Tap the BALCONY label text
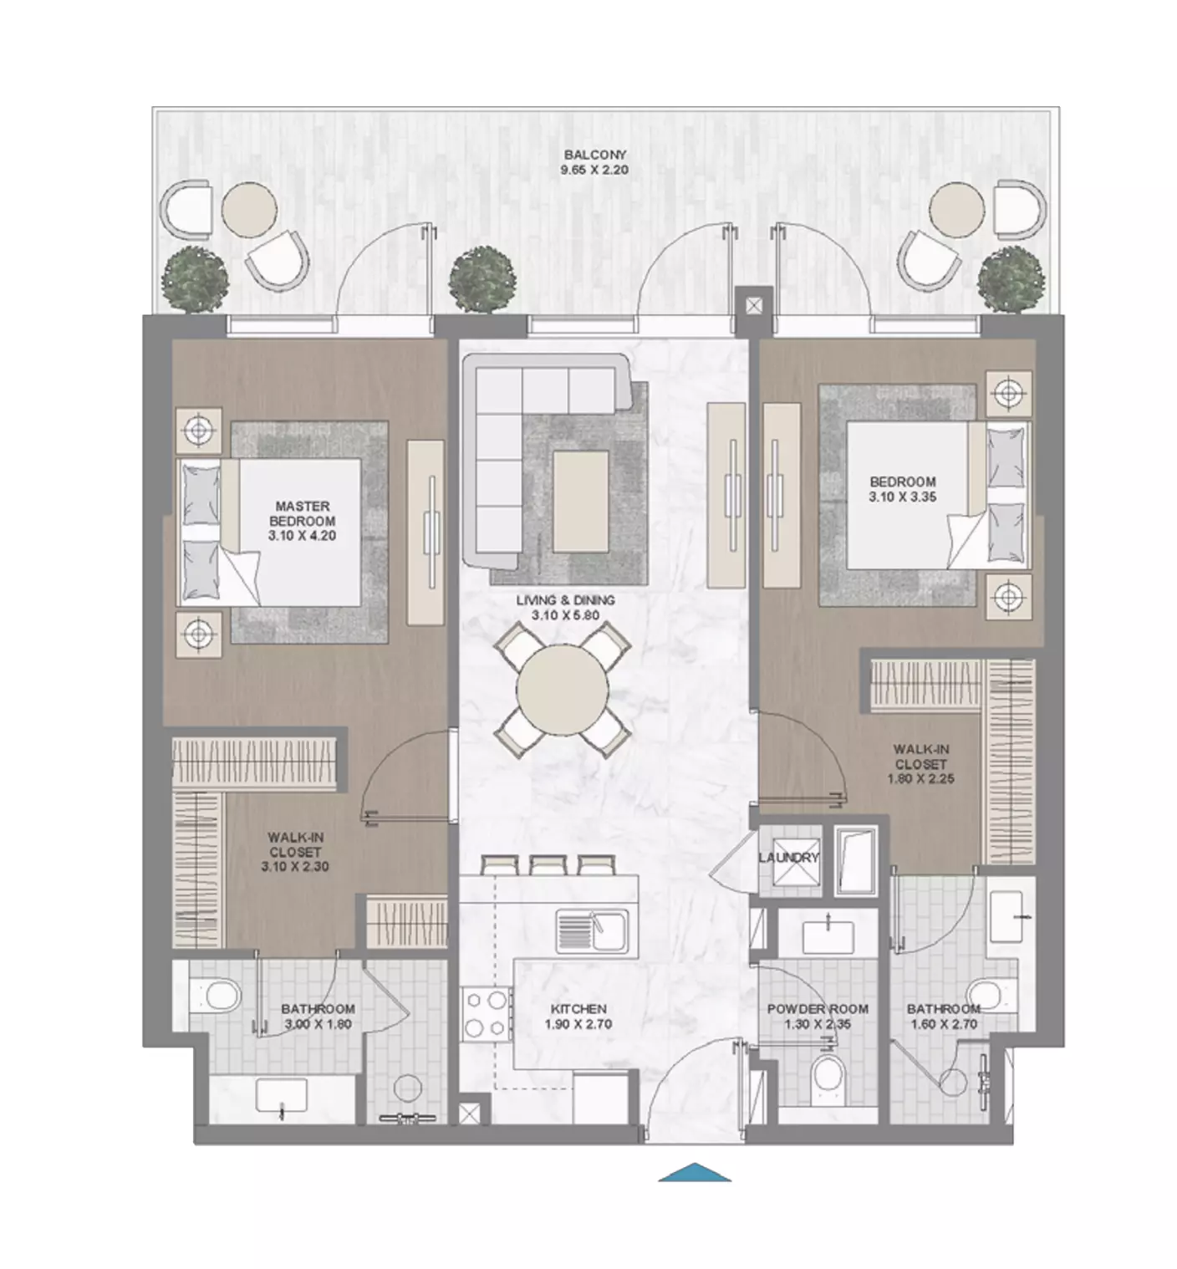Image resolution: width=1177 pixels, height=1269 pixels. tap(595, 155)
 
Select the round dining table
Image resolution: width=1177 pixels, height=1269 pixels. tap(563, 691)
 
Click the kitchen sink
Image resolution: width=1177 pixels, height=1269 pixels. tap(592, 930)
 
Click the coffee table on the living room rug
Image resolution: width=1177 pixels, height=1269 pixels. tap(580, 501)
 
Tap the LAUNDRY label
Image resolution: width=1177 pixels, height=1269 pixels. tap(789, 858)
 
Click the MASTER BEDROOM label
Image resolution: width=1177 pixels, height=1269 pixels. tap(303, 514)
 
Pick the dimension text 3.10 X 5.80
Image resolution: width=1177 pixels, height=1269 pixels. tap(565, 615)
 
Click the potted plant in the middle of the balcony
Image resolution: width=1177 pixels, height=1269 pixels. tap(481, 281)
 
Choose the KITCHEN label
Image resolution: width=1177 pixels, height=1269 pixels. tap(579, 1009)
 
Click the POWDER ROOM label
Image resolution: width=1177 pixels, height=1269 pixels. tap(818, 1009)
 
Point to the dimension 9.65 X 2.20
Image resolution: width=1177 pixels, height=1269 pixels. tap(595, 170)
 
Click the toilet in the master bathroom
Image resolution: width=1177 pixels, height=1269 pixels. tap(217, 996)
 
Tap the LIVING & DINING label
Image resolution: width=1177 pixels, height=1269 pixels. tap(565, 600)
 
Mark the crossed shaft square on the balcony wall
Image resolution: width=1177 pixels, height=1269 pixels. tap(754, 306)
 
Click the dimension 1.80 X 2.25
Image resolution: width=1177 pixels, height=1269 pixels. tap(920, 779)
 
